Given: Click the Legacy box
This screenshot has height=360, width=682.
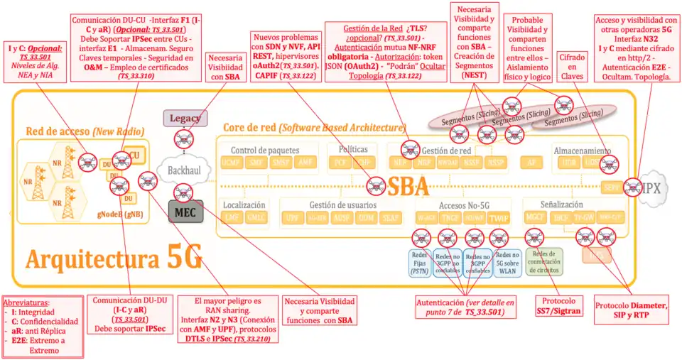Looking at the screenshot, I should pos(180,119).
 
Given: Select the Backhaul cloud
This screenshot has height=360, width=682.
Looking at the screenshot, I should pos(183,170).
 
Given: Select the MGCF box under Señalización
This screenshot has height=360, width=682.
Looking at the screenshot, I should pos(534,217).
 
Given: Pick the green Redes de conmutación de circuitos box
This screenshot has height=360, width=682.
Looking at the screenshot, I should pos(543,262).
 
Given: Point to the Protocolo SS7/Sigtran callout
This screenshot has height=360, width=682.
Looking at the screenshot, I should pos(558,305).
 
